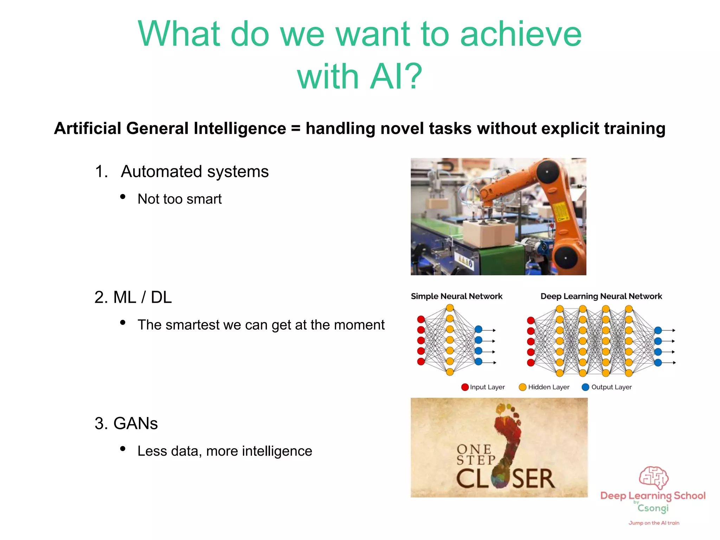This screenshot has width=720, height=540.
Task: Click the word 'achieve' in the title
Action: [x=521, y=34]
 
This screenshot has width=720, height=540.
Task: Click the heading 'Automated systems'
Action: [x=194, y=172]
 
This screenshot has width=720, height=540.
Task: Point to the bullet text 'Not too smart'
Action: [x=179, y=199]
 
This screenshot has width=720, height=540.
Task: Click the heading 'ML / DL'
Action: [x=142, y=297]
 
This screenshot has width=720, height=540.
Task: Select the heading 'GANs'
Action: [x=135, y=423]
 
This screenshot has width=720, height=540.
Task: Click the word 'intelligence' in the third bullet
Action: [x=277, y=451]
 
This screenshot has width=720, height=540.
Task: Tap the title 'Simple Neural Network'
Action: [x=456, y=296]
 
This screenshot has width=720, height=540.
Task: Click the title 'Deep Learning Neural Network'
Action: [x=601, y=296]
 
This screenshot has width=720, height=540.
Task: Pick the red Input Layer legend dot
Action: [x=465, y=387]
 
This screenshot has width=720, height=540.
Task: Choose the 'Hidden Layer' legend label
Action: [x=548, y=387]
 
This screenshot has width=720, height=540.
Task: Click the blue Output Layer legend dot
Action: [x=585, y=387]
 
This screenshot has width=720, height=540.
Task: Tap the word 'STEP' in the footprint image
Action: [x=476, y=460]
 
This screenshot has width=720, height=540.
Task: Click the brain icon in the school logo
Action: [x=654, y=477]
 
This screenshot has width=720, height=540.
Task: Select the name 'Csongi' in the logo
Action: [x=653, y=508]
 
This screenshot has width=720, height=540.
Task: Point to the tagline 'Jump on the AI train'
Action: [x=654, y=523]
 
